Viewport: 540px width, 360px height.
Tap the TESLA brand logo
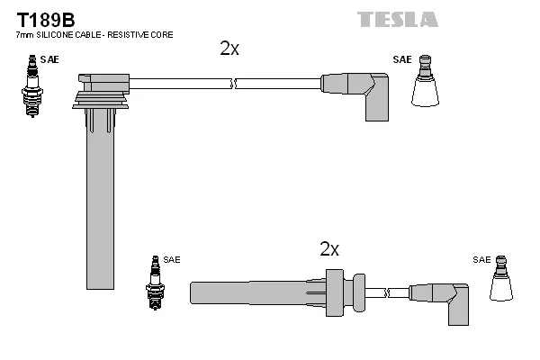(397, 19)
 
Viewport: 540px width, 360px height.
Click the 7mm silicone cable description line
(94, 34)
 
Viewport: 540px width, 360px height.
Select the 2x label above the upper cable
(229, 49)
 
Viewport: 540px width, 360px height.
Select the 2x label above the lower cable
(329, 249)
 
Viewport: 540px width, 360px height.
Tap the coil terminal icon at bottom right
(503, 281)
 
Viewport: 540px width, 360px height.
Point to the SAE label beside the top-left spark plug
(53, 59)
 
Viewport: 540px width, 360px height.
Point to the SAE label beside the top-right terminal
(401, 59)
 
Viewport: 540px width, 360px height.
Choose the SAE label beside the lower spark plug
(172, 260)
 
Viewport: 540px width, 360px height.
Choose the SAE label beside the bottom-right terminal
(481, 260)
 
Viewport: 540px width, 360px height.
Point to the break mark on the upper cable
(233, 84)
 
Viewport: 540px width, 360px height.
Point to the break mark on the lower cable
(386, 293)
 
